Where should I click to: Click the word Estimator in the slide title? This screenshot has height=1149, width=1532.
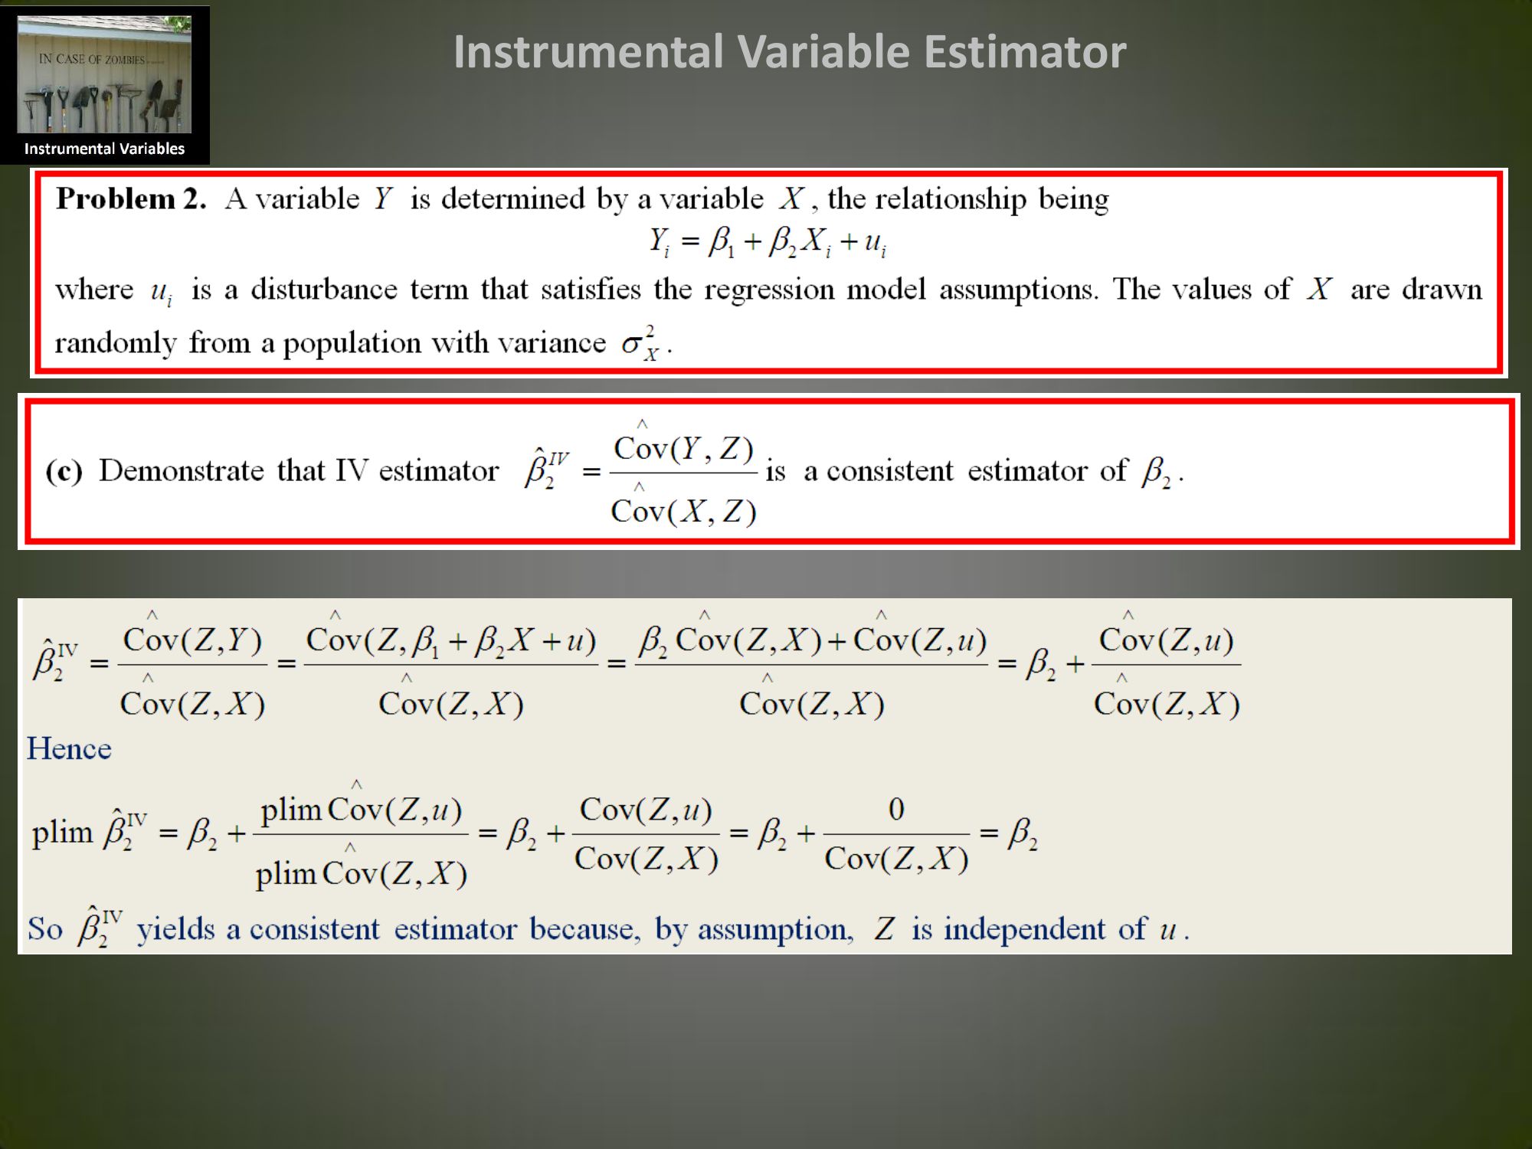[x=1025, y=52]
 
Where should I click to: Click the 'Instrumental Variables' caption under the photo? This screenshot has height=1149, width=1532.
[x=104, y=149]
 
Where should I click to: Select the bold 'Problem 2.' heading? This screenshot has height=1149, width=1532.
[x=131, y=198]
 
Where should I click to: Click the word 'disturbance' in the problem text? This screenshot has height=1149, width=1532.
[x=324, y=290]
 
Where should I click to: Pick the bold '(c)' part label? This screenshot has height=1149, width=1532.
[x=64, y=470]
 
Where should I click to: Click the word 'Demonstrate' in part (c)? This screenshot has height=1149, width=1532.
[x=182, y=470]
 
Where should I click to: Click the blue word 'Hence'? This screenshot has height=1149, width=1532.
[x=69, y=748]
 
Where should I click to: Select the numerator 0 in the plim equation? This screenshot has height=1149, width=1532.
[x=896, y=809]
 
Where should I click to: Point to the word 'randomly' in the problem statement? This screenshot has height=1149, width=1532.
[x=116, y=343]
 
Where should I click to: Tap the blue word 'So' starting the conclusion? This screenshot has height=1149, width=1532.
[x=45, y=929]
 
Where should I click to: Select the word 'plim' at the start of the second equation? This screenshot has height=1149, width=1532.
[x=61, y=833]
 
